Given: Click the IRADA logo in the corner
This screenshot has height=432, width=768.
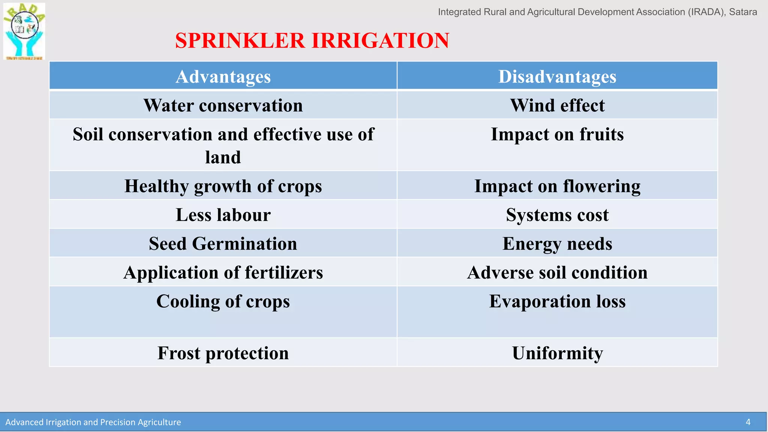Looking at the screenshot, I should (24, 31).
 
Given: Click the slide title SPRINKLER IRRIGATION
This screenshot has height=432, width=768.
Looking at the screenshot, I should (312, 40).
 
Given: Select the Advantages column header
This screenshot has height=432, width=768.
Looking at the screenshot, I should (223, 76).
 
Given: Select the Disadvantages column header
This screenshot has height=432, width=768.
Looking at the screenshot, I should (557, 76).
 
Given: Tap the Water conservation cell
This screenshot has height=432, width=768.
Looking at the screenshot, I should (223, 105).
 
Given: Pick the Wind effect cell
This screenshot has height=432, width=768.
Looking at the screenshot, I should (557, 105).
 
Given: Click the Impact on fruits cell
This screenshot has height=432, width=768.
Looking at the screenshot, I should (557, 134).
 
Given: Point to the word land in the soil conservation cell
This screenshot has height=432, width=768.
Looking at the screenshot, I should (223, 157).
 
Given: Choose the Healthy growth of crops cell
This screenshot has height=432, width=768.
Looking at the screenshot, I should (223, 186).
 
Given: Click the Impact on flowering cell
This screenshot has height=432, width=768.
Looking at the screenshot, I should (557, 186).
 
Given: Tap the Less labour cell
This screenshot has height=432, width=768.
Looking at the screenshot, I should (223, 215).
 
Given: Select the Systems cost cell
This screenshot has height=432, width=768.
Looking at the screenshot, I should (557, 215).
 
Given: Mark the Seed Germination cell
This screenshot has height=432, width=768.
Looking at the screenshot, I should (223, 244).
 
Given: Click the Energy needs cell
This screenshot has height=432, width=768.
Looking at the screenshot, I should (557, 244).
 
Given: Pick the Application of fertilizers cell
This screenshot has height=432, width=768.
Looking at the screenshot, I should (223, 273).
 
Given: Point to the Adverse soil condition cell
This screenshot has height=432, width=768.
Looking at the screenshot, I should (557, 273).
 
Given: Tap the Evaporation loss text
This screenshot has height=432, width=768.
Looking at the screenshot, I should (557, 301).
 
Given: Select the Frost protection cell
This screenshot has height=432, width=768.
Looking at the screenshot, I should (223, 353).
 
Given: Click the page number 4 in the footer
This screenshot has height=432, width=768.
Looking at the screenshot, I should (748, 422).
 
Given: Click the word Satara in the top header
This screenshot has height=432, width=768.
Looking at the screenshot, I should (743, 12).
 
